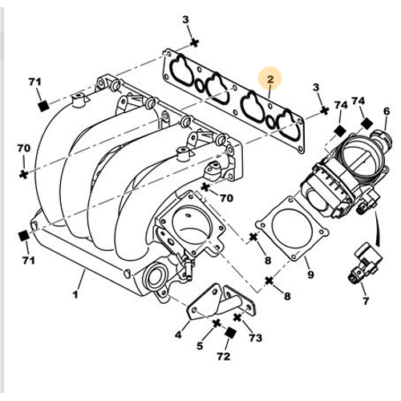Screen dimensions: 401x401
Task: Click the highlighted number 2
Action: coord(271,79)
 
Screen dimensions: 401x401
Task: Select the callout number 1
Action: coord(80,283)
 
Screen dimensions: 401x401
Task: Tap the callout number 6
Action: coord(386,111)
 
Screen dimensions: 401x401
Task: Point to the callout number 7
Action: coord(366,302)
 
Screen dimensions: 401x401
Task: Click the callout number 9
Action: coord(310,276)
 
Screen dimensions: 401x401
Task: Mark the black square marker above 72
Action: coord(230,332)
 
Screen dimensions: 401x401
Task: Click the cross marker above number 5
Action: coord(216,324)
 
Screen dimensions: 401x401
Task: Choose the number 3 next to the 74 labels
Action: coord(315,87)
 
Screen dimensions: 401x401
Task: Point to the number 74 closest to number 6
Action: coord(359,102)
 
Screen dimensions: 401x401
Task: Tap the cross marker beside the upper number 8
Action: coord(253,237)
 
